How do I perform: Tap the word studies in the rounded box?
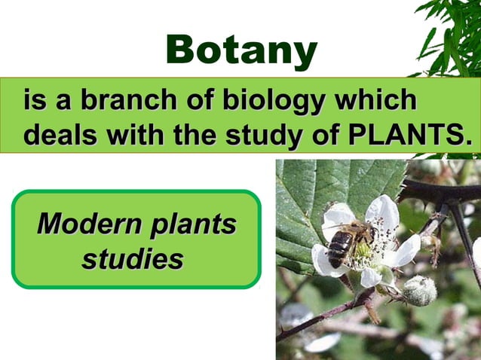[x=133, y=260]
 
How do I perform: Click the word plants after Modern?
[x=193, y=224]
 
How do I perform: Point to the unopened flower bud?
[x=419, y=290]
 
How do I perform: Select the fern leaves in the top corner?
[x=449, y=34]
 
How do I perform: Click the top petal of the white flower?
[x=383, y=211]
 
